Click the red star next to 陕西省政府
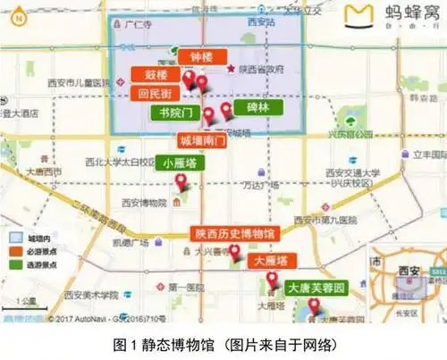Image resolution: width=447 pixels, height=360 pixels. click(232, 69)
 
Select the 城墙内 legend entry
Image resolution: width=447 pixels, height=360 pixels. click(29, 239)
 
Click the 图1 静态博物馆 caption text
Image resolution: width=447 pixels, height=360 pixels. click(223, 343)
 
